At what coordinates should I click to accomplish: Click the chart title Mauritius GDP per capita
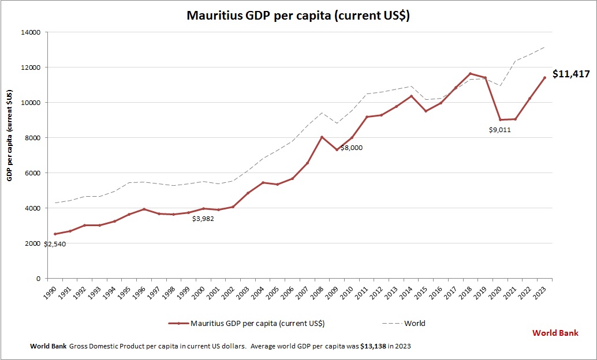(x=298, y=16)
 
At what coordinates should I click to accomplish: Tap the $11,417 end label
(x=571, y=74)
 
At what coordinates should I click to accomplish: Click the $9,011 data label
(x=500, y=130)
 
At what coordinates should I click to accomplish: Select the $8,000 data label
(x=351, y=148)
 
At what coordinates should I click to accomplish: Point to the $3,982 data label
(x=203, y=219)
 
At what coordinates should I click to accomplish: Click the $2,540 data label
(x=55, y=243)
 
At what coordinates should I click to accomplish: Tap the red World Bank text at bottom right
(x=555, y=333)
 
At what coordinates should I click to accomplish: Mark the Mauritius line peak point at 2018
(x=471, y=73)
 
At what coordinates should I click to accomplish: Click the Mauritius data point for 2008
(x=322, y=137)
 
